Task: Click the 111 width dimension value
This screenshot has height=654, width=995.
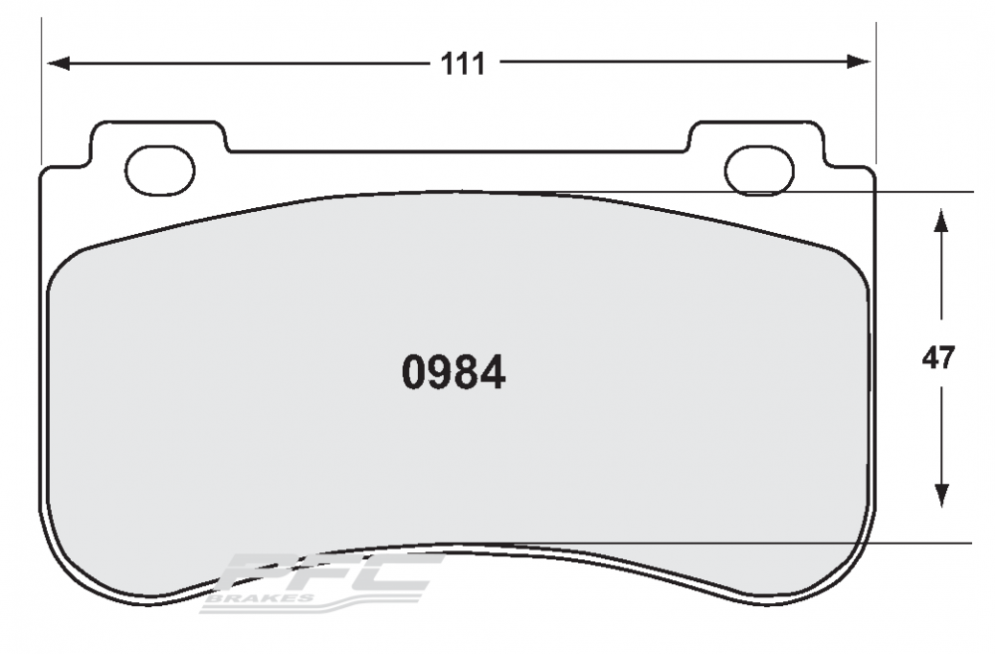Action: (x=463, y=64)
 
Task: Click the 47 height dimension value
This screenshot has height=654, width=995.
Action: (x=938, y=359)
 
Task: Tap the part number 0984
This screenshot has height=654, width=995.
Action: (x=454, y=372)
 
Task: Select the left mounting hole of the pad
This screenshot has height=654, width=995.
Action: (x=160, y=169)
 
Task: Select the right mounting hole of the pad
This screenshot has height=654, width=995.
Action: (x=759, y=169)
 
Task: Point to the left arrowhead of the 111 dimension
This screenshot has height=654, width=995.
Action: (x=58, y=63)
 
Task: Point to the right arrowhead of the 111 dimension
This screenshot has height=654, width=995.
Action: (x=859, y=62)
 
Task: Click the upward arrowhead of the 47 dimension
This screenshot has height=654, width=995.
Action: (x=941, y=222)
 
